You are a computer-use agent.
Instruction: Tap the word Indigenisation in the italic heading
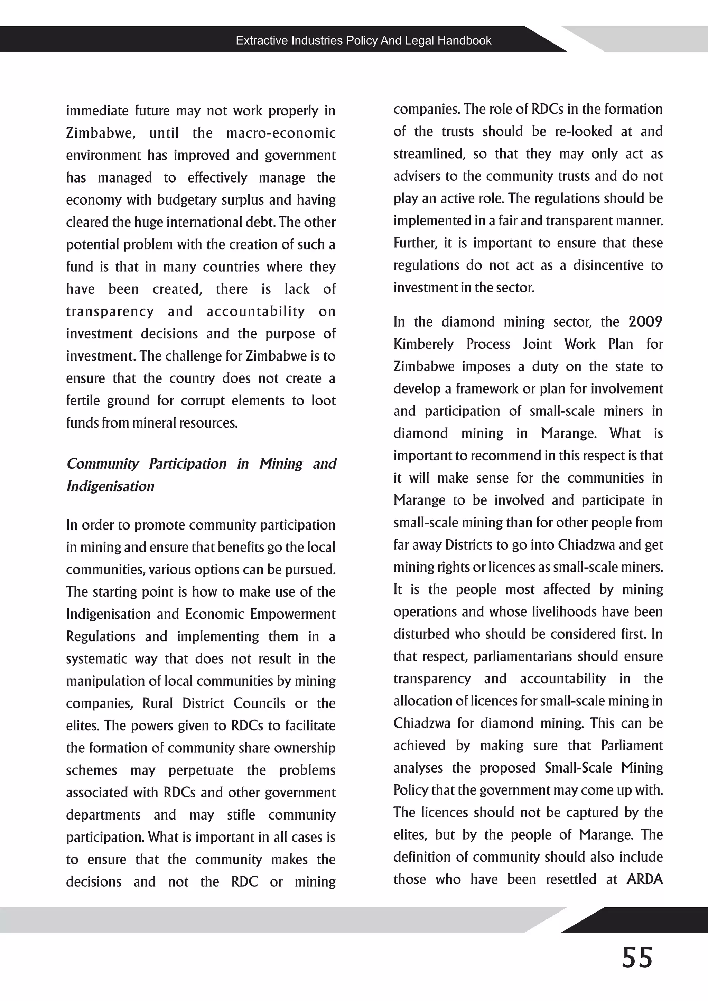tap(110, 486)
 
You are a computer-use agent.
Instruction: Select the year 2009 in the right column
tap(645, 322)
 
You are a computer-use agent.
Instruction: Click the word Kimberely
tap(424, 344)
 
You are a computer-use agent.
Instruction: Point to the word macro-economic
tap(281, 133)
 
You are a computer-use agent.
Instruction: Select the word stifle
tap(241, 815)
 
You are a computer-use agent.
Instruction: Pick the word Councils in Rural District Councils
tap(259, 703)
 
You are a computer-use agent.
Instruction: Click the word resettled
tap(571, 879)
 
